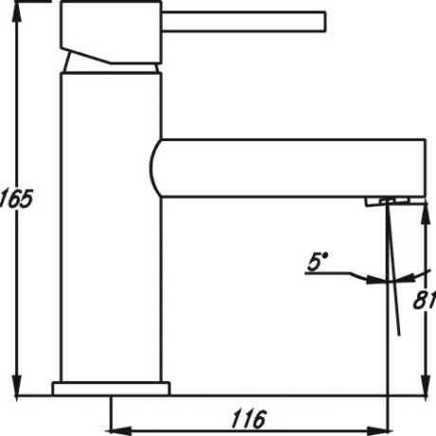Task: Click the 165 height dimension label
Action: click(x=16, y=199)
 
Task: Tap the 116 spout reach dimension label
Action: click(x=248, y=419)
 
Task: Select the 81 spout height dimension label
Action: click(x=425, y=300)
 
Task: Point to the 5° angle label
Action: click(x=318, y=262)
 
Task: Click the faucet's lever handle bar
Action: click(x=244, y=22)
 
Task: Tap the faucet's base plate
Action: click(x=111, y=389)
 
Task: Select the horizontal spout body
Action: click(x=287, y=168)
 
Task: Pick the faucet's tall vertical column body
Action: click(x=111, y=227)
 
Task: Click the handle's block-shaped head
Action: click(x=111, y=32)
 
